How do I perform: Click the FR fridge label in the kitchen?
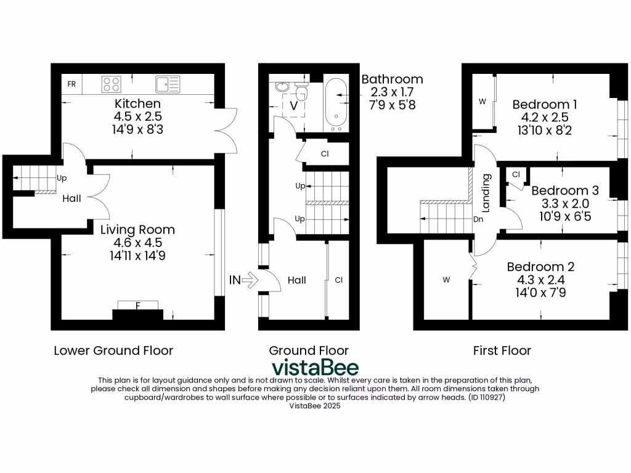pyautogui.click(x=71, y=84)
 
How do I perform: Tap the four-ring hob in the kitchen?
pyautogui.click(x=111, y=84)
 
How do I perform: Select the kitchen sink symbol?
pyautogui.click(x=167, y=84)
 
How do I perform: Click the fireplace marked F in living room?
pyautogui.click(x=137, y=305)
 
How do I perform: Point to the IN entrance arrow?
pyautogui.click(x=243, y=280)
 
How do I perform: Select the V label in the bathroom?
pyautogui.click(x=293, y=105)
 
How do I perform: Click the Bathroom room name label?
pyautogui.click(x=392, y=79)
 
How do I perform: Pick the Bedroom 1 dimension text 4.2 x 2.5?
pyautogui.click(x=545, y=117)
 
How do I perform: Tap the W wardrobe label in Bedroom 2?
pyautogui.click(x=446, y=280)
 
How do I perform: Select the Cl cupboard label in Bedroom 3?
pyautogui.click(x=516, y=175)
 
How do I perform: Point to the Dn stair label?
pyautogui.click(x=478, y=219)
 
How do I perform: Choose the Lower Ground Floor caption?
pyautogui.click(x=113, y=350)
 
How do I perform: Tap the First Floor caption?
pyautogui.click(x=502, y=350)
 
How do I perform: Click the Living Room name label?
pyautogui.click(x=137, y=230)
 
